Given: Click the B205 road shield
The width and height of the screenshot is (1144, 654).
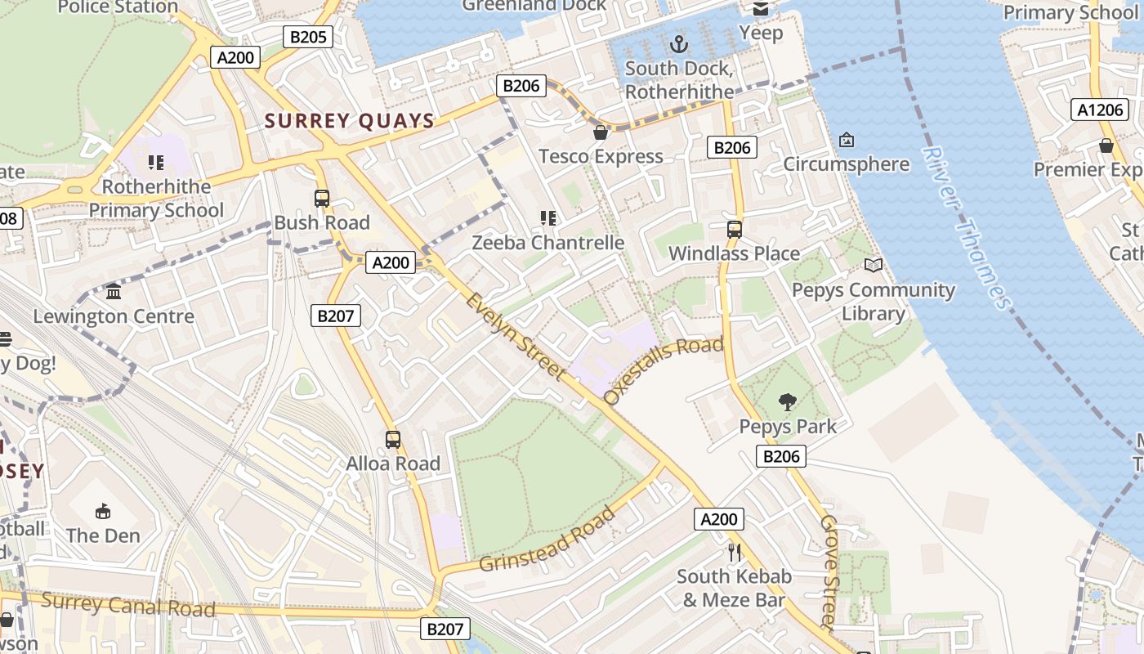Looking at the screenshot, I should [308, 36].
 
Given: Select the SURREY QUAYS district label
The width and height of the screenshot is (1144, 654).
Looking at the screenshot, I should [350, 121].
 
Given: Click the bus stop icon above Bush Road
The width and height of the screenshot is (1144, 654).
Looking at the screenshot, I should [322, 199].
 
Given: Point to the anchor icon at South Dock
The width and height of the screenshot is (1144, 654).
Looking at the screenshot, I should [678, 43].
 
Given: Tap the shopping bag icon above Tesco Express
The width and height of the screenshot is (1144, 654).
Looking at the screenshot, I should [601, 132].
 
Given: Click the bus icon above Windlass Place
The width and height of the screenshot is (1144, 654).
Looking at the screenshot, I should [735, 230].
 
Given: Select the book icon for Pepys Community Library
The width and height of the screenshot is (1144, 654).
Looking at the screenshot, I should [874, 266].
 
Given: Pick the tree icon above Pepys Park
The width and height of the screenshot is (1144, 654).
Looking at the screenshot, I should [788, 402].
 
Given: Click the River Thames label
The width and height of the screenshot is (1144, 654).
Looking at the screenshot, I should [967, 227].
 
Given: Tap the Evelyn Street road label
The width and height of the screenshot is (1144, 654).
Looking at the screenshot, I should [516, 336].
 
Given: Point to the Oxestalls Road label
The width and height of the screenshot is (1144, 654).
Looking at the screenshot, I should [664, 370].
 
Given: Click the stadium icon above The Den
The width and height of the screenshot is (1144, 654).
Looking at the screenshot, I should [103, 512].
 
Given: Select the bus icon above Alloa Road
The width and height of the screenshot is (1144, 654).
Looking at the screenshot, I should [393, 440].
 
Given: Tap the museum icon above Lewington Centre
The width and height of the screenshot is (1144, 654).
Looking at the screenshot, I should [114, 292].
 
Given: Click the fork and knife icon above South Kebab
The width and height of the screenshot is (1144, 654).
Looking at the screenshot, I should [735, 553].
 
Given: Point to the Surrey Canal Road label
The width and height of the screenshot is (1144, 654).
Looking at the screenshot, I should [128, 606].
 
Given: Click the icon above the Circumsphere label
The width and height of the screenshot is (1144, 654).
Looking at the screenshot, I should [846, 140].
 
